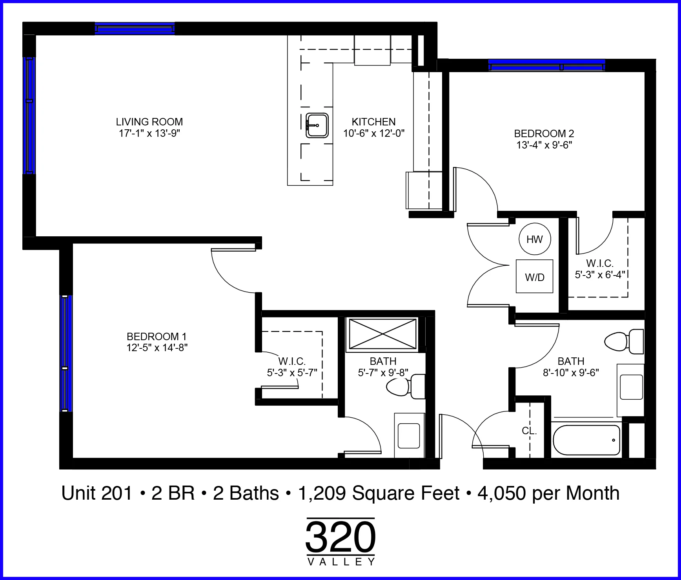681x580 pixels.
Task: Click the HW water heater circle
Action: pyautogui.click(x=534, y=239)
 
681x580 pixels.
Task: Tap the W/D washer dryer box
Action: pyautogui.click(x=534, y=276)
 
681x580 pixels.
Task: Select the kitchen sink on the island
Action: pyautogui.click(x=317, y=125)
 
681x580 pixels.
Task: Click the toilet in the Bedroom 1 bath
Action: pyautogui.click(x=406, y=386)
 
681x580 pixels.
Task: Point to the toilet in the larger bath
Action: pyautogui.click(x=624, y=341)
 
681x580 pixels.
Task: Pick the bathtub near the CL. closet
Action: pyautogui.click(x=586, y=440)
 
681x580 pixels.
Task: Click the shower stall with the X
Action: pyautogui.click(x=383, y=333)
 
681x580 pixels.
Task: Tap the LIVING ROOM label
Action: pyautogui.click(x=149, y=122)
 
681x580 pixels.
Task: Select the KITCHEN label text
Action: pyautogui.click(x=373, y=122)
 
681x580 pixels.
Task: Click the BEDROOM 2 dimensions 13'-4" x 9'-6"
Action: pyautogui.click(x=544, y=145)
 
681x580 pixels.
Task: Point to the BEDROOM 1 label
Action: pyautogui.click(x=157, y=337)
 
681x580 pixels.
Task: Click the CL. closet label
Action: pyautogui.click(x=529, y=431)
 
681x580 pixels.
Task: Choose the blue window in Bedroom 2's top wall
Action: pyautogui.click(x=546, y=65)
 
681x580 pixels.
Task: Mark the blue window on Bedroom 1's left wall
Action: pyautogui.click(x=66, y=353)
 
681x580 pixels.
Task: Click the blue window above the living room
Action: pyautogui.click(x=135, y=29)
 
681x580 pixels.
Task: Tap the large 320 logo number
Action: pyautogui.click(x=340, y=537)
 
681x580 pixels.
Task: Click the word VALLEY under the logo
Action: pyautogui.click(x=341, y=562)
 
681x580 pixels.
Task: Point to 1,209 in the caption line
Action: pyautogui.click(x=322, y=494)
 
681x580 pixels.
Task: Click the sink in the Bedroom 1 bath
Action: pyautogui.click(x=409, y=435)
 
